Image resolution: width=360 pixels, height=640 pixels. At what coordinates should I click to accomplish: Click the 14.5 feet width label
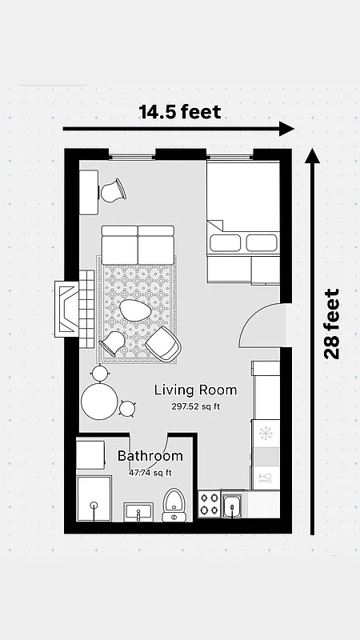pyautogui.click(x=179, y=111)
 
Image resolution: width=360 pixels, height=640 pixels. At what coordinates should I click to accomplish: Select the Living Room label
pyautogui.click(x=195, y=390)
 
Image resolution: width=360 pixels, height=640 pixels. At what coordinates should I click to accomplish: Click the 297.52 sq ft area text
pyautogui.click(x=195, y=406)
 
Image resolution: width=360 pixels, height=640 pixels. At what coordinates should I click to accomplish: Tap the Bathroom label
pyautogui.click(x=150, y=456)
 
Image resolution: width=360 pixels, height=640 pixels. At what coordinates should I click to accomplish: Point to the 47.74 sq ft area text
pyautogui.click(x=150, y=473)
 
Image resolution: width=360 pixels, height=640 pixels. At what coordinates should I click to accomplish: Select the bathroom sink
pyautogui.click(x=139, y=511)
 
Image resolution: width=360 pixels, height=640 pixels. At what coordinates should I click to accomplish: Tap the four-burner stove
pyautogui.click(x=209, y=505)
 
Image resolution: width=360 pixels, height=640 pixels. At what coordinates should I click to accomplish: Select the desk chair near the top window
pyautogui.click(x=112, y=191)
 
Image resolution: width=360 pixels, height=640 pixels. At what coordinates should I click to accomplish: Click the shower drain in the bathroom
pyautogui.click(x=94, y=506)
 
